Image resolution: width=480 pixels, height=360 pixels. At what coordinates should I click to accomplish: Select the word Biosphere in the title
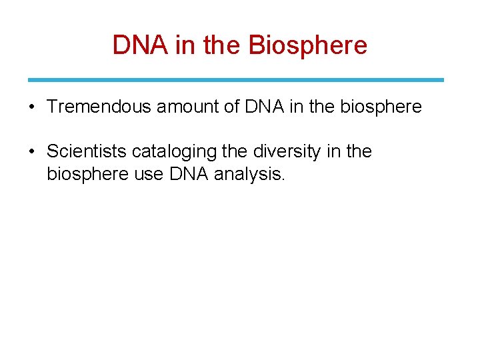pyautogui.click(x=307, y=45)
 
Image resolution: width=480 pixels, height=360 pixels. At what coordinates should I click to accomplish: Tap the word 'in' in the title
pyautogui.click(x=183, y=45)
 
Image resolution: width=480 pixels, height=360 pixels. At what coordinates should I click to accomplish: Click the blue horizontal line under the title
pyautogui.click(x=236, y=80)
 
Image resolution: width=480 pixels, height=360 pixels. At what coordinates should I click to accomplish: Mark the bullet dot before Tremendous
pyautogui.click(x=33, y=107)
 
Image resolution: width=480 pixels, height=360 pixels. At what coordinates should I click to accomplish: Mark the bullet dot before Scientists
pyautogui.click(x=33, y=152)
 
